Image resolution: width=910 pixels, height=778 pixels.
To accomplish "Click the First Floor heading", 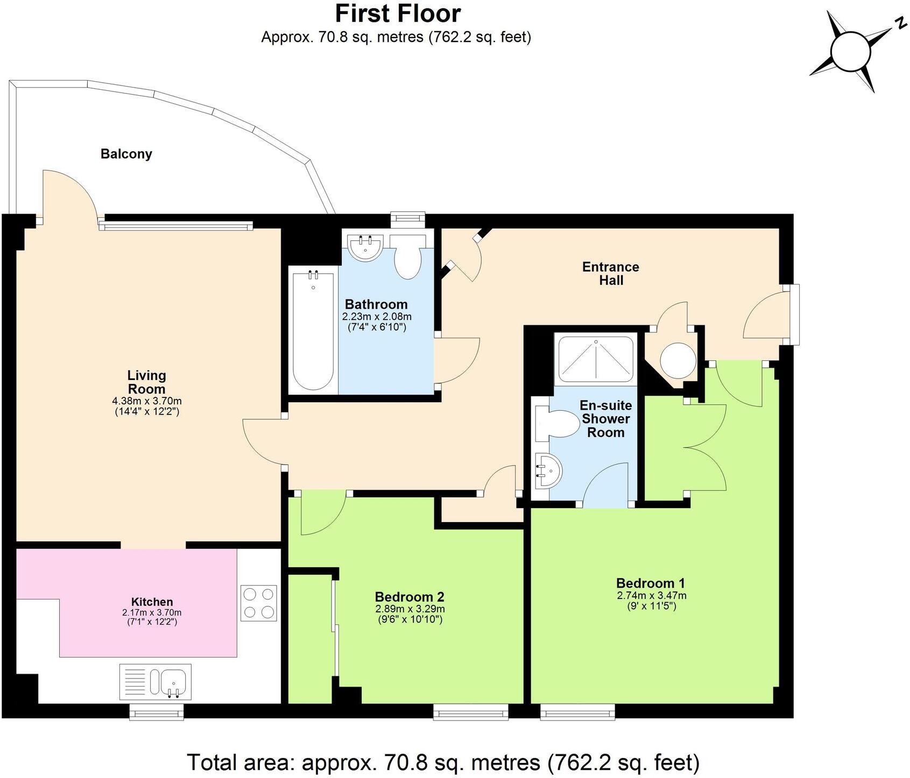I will pos(398,13).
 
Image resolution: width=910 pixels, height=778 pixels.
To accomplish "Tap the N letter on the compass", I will pos(899,23).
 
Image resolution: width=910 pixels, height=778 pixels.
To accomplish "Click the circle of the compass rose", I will pos(850,52).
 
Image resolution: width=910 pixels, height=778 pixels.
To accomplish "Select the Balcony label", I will pos(126,154).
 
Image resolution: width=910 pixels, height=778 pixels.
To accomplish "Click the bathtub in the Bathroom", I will pos(313,331).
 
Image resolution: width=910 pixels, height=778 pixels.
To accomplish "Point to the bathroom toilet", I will pos(407,259).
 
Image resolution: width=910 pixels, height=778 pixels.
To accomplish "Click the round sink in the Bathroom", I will pos(365,247).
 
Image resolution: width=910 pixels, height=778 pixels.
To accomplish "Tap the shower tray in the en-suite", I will pos(596,359).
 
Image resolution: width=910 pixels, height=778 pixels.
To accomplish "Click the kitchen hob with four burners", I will pos(259,603).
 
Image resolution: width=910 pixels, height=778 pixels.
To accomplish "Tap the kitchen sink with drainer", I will pos(156,682).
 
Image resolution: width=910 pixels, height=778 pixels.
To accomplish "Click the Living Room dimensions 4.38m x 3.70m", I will pos(146,401).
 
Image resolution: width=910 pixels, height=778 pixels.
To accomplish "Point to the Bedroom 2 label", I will pos(410,597).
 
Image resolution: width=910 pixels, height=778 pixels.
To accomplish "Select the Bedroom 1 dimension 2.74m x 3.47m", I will pos(651,596).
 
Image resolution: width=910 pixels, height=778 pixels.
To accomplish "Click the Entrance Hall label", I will pos(611,273).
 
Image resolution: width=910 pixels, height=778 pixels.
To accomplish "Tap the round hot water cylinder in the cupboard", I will pos(678,361).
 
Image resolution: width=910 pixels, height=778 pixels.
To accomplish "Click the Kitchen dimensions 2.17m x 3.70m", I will pos(152,612).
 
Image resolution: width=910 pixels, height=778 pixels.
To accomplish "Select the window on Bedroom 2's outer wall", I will pos(471,713).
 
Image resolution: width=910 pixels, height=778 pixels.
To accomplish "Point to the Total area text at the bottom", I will pos(443,762).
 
